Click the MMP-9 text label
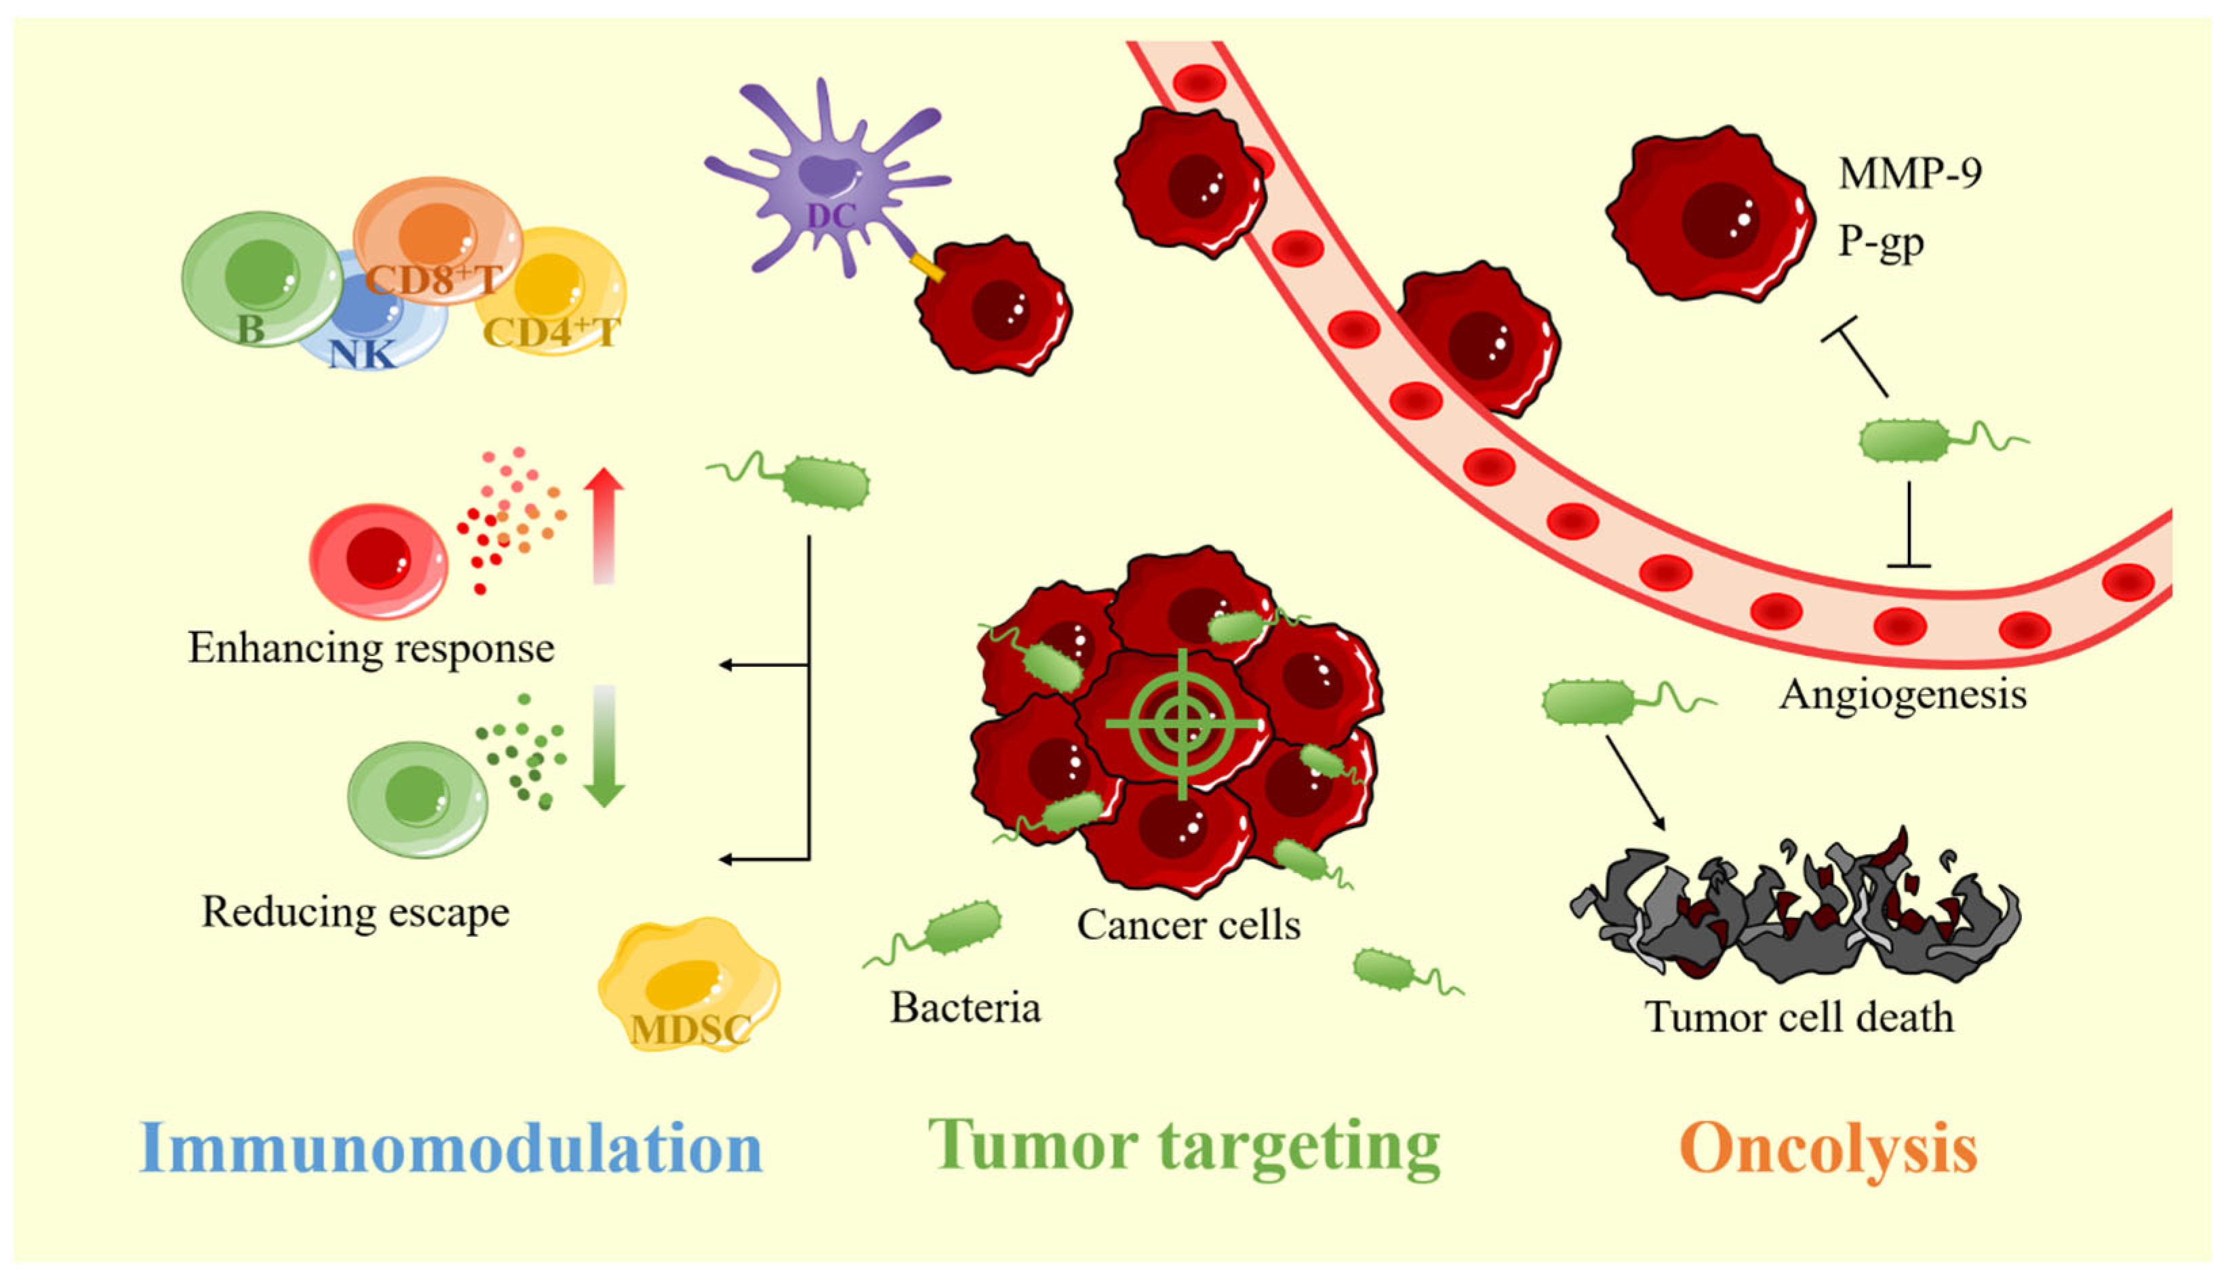1909,173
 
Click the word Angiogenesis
1903,695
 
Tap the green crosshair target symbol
1182,724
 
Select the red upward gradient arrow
603,525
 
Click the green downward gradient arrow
603,746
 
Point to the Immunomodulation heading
451,1148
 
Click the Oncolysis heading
1828,1148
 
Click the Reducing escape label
355,912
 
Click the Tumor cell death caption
1800,1017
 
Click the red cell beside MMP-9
1710,215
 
